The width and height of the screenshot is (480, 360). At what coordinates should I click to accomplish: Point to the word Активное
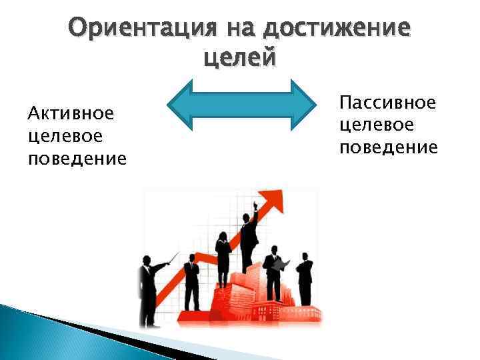[x=71, y=113]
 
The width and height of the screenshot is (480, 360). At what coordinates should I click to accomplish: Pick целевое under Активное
[x=65, y=135]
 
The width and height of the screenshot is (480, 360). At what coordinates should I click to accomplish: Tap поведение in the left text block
[x=77, y=159]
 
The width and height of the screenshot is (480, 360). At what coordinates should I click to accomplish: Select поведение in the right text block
[x=389, y=147]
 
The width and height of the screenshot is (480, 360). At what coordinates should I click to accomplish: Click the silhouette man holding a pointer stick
[x=148, y=290]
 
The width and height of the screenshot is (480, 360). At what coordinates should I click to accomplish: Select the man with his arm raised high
[x=249, y=237]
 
